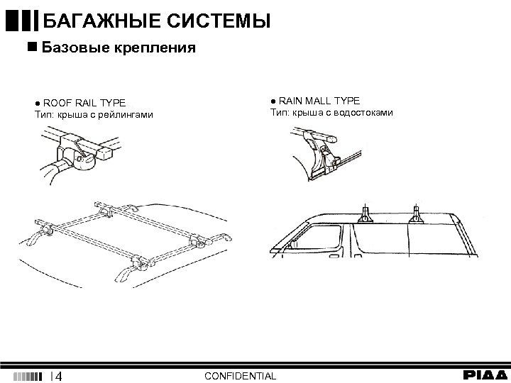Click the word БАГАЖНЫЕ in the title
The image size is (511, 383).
tap(99, 22)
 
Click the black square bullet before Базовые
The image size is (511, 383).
tap(31, 48)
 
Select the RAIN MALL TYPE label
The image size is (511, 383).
tap(319, 101)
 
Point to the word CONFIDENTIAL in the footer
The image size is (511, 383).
tap(240, 375)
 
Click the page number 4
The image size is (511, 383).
tap(60, 375)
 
